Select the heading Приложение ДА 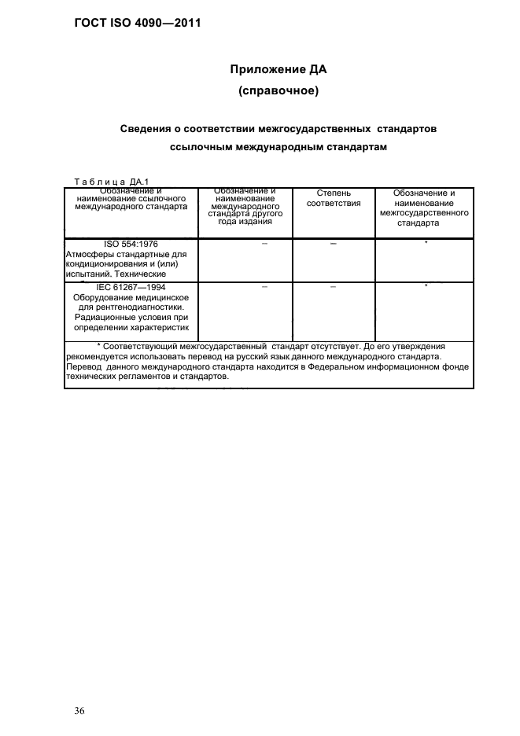(278, 69)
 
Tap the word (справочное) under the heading (278, 92)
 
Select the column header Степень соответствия (334, 198)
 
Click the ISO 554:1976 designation (132, 244)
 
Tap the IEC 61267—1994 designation (132, 289)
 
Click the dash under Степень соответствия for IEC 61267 (334, 288)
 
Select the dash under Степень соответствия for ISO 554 (334, 245)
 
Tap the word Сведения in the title (144, 127)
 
